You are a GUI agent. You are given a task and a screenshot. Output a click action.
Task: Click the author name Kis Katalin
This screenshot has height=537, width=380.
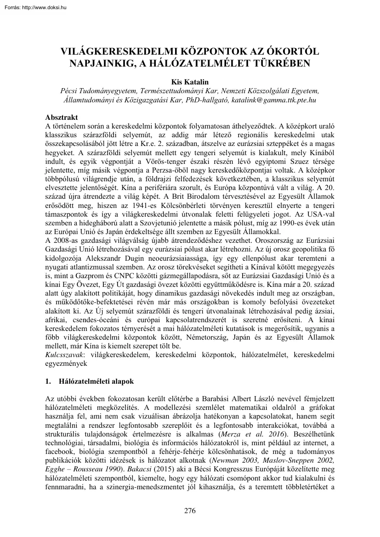[x=189, y=81]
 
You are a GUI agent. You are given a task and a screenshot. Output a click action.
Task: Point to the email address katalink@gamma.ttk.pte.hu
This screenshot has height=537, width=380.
[x=274, y=99]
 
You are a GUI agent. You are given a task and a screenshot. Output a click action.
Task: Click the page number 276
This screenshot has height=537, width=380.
[x=190, y=511]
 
